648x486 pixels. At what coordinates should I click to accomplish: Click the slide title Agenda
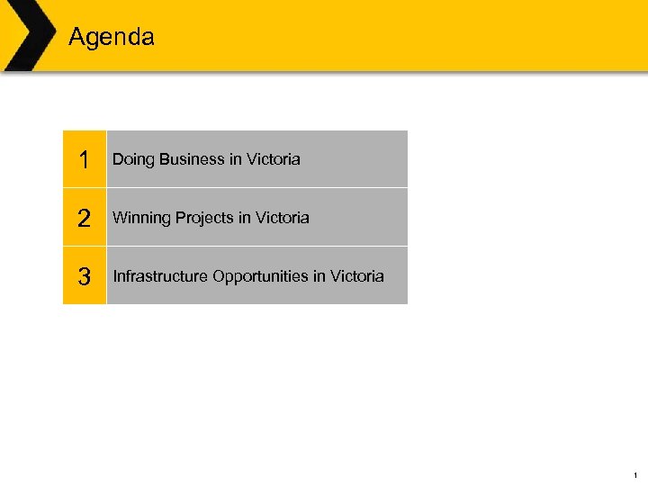[112, 38]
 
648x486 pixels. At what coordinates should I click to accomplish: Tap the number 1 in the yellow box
[84, 160]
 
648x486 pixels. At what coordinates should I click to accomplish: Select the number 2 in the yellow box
[84, 219]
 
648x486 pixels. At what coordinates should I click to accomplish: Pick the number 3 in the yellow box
[84, 276]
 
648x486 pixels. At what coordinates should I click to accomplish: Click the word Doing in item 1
[133, 160]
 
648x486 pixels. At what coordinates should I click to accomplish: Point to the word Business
[192, 160]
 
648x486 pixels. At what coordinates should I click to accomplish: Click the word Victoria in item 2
[282, 218]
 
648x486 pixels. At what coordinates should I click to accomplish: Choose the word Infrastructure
[160, 276]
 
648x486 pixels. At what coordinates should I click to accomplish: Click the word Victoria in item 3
[356, 276]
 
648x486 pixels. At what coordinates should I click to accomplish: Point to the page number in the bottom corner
[635, 474]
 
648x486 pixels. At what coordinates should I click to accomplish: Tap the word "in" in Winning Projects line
[246, 218]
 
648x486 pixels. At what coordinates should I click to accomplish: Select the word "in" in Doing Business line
[236, 160]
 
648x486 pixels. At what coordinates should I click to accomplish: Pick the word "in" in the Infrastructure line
[319, 276]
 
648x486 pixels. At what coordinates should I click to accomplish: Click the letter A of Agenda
[76, 38]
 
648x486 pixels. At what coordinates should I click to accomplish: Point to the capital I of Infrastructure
[114, 276]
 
